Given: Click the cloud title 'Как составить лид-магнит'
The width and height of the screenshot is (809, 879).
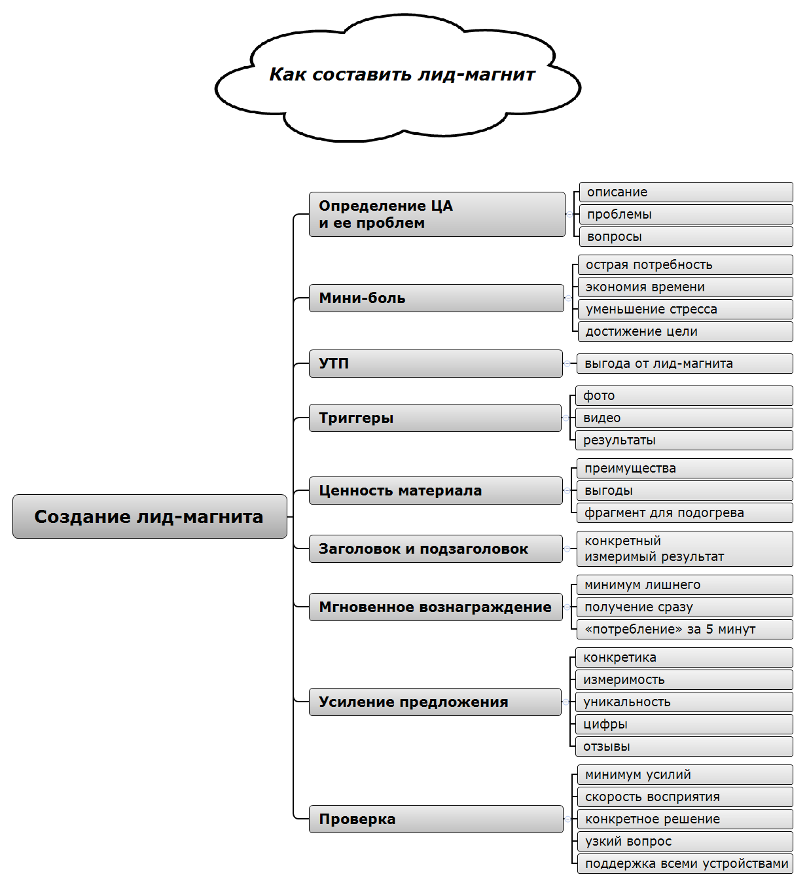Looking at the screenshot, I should (402, 75).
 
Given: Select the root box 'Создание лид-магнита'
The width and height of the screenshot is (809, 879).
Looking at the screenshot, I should (149, 516).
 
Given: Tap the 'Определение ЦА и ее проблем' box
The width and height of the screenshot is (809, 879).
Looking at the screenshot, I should (437, 214).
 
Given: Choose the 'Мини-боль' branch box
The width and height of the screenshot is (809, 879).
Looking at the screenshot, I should (436, 298).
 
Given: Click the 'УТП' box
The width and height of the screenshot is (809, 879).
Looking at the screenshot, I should (435, 363).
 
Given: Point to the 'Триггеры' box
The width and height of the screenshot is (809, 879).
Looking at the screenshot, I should (435, 418).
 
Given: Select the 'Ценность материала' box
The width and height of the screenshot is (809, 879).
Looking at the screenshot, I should (435, 490).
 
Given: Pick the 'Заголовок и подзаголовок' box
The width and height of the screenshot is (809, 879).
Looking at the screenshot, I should (435, 548).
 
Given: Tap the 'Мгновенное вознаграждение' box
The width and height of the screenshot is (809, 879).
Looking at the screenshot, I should (435, 607).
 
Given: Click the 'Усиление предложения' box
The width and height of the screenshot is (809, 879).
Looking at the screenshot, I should (435, 702).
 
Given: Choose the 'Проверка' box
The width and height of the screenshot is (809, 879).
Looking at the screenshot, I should (435, 819).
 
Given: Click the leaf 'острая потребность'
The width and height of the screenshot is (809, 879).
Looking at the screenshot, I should (685, 264).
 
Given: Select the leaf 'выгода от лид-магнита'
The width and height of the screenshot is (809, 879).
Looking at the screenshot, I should (684, 363).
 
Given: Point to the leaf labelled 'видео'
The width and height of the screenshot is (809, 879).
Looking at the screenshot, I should (683, 418).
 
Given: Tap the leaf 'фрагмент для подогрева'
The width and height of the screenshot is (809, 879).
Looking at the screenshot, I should (684, 512).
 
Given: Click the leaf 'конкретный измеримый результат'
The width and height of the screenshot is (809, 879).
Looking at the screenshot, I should (684, 548).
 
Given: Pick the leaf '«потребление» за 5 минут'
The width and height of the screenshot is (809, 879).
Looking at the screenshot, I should (684, 629).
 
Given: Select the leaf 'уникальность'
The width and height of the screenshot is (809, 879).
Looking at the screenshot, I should (683, 702).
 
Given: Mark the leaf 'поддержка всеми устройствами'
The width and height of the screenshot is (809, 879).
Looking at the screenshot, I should (685, 863).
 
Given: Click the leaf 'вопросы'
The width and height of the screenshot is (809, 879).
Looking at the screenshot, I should (685, 236).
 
